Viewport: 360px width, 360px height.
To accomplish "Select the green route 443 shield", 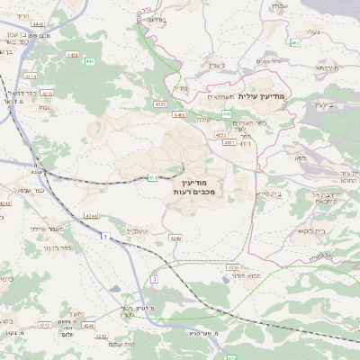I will coord(86,62).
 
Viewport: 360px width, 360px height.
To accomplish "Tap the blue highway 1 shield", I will coord(104,235).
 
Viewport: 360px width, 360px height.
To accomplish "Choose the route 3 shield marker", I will coord(154,281).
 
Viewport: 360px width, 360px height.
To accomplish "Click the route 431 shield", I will coord(153,177).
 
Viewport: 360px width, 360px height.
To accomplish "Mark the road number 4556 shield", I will coord(232,267).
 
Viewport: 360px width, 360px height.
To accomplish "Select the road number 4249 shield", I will coord(175,238).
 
